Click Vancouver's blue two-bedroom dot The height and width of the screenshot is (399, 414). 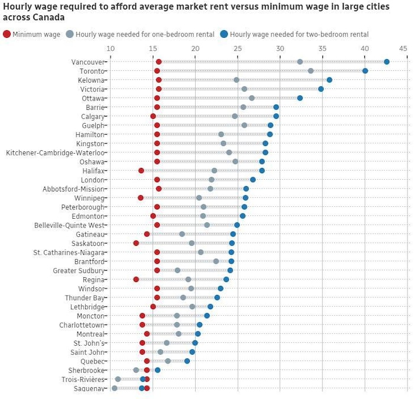click(x=386, y=62)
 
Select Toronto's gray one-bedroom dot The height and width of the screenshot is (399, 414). click(x=310, y=71)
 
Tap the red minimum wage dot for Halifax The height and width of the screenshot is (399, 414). click(x=141, y=171)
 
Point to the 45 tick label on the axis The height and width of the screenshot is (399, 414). click(x=403, y=48)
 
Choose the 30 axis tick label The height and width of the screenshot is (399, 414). click(x=280, y=48)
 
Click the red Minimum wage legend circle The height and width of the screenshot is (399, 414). click(x=7, y=34)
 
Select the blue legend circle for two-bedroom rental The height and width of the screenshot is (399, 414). click(x=224, y=34)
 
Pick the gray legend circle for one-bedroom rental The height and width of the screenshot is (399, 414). click(x=70, y=34)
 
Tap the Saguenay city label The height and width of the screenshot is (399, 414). click(x=88, y=388)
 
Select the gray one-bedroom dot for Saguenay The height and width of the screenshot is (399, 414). click(x=115, y=388)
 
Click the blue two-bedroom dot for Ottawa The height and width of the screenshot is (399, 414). click(x=300, y=98)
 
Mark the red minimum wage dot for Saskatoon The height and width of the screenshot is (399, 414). click(x=136, y=243)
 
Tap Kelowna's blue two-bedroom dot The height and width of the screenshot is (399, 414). click(x=329, y=80)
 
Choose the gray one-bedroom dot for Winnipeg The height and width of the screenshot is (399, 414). click(x=199, y=198)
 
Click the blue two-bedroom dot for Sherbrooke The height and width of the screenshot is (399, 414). click(x=157, y=370)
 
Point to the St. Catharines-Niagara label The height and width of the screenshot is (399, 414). click(x=69, y=252)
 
